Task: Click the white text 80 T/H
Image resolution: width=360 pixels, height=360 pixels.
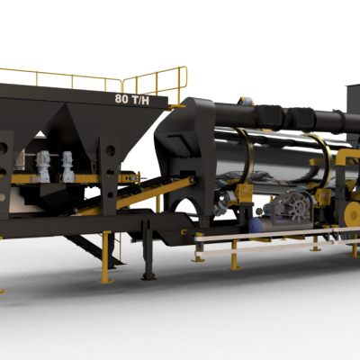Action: coord(131,99)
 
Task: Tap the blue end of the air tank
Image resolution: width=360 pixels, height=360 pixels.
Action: coord(255,225)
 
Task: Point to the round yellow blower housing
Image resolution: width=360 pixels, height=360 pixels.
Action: coord(353,214)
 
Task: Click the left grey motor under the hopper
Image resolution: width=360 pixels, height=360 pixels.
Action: coord(43,166)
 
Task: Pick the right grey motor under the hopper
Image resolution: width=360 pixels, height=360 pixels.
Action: coord(67,166)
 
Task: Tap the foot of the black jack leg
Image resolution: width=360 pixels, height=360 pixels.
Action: coord(148,275)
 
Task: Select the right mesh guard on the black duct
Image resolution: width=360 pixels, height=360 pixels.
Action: coord(302,119)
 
